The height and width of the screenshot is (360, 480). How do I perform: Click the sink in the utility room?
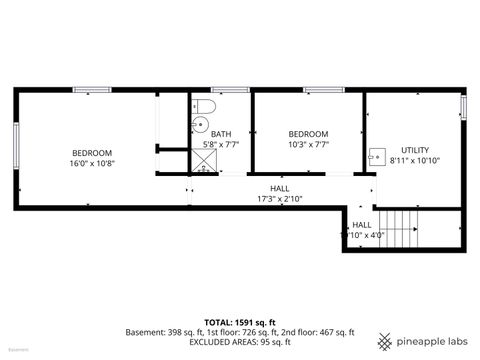click(376, 156)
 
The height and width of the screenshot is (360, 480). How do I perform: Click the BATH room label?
click(220, 134)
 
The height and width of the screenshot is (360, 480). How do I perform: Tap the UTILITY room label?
click(415, 149)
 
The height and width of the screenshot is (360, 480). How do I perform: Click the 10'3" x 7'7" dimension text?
click(307, 144)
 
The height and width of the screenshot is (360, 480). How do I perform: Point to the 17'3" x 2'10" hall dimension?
click(280, 198)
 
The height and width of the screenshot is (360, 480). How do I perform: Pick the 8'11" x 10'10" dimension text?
click(415, 160)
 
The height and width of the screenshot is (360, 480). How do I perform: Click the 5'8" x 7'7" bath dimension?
click(221, 145)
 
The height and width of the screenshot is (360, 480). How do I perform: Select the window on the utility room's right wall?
click(462, 107)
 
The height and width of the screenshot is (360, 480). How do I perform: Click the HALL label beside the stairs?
click(362, 225)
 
